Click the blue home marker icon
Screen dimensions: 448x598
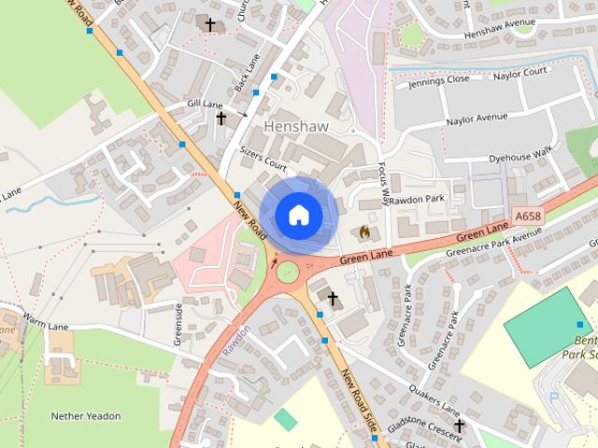click(298, 215)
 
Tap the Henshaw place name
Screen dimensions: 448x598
click(296, 125)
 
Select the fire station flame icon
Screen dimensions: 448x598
click(364, 231)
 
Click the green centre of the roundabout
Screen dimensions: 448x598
click(287, 272)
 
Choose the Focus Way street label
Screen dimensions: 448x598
click(383, 183)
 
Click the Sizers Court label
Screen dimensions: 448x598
click(263, 160)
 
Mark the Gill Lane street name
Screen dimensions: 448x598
click(205, 105)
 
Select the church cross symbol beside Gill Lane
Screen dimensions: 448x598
click(221, 118)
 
